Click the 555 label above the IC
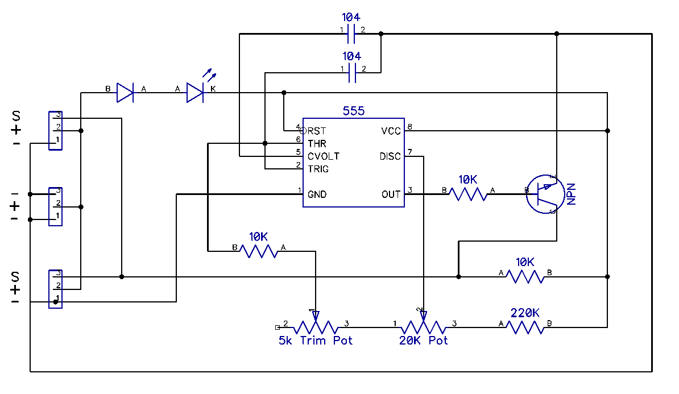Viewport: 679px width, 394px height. pos(353,111)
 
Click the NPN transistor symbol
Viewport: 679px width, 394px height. pos(544,194)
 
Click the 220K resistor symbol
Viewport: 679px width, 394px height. pos(525,327)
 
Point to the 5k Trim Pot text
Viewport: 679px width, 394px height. pos(316,341)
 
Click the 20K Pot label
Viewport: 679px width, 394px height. pos(423,341)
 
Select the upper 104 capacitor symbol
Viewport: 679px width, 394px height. pos(351,34)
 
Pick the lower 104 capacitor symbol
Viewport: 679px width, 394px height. pos(351,73)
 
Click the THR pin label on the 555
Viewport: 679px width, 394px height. pos(317,143)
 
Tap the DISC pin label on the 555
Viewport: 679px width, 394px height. pos(390,156)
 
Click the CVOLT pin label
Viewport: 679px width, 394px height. pos(324,156)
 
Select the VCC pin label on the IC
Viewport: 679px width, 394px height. pos(391,131)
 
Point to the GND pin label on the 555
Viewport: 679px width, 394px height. pos(317,194)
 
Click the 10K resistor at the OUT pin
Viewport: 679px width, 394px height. pos(468,194)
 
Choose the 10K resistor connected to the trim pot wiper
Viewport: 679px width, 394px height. pos(259,251)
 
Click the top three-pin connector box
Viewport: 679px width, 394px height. pos(56,131)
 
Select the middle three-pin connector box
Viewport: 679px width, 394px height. pos(56,206)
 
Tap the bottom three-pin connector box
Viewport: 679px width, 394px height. pos(56,289)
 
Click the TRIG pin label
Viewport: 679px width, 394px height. pos(318,169)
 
